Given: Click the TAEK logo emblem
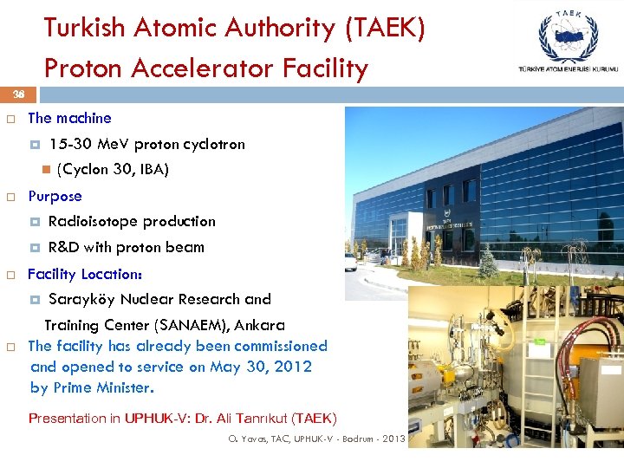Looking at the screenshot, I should pos(568,35).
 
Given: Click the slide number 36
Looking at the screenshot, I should pos(18,94).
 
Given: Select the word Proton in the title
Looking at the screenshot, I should pos(83,68).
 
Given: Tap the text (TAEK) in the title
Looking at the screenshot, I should pos(385,29).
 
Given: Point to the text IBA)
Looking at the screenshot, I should pos(152,169).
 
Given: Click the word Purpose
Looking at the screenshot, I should pos(55,196).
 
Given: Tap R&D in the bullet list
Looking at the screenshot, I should pos(63,247).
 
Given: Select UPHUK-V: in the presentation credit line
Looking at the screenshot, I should pos(159,419).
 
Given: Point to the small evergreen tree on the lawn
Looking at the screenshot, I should pos(489,262).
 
